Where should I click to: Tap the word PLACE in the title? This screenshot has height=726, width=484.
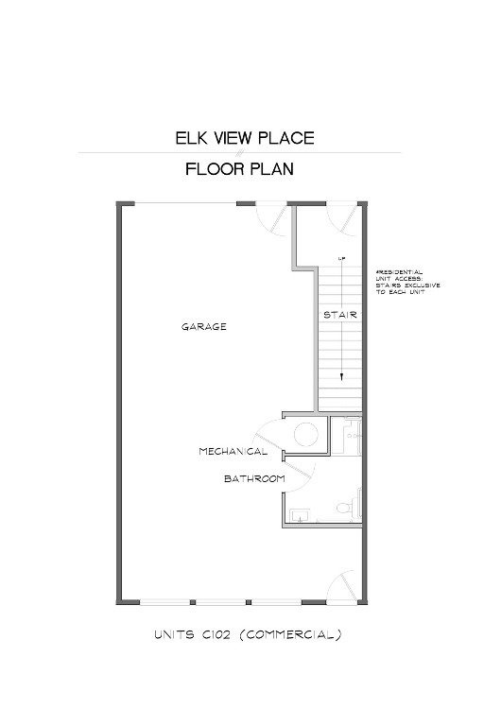(283, 138)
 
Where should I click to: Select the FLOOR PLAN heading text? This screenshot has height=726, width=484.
(239, 170)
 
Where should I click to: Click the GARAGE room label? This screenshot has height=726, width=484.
(204, 327)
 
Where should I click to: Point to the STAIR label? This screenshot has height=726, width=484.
(339, 314)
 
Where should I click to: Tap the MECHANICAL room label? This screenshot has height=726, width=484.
(233, 452)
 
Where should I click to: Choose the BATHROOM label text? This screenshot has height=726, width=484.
(254, 479)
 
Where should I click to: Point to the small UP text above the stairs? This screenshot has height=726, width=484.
(339, 258)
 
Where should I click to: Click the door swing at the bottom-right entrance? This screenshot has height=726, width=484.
(341, 587)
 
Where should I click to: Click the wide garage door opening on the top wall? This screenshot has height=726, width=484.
(185, 203)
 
